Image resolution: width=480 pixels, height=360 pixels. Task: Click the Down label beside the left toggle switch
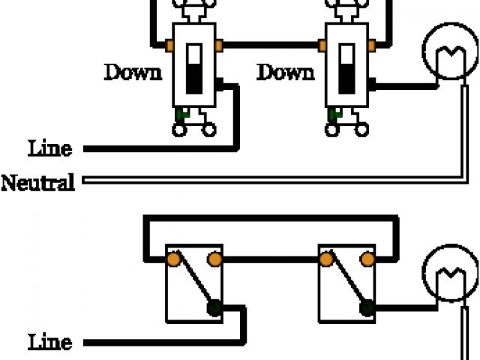(133, 73)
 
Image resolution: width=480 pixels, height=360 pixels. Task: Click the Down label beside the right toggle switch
(286, 73)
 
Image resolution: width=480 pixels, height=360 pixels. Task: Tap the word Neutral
(38, 182)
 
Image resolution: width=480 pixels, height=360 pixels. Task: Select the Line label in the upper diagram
(51, 148)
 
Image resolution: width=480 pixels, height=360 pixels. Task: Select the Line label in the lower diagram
(51, 343)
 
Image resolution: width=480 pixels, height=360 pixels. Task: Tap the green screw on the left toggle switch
(181, 114)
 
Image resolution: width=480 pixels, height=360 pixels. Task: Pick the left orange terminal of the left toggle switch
(171, 46)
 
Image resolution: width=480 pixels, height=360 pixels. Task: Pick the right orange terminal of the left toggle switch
(219, 46)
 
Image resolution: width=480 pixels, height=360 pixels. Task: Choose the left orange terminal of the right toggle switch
(323, 46)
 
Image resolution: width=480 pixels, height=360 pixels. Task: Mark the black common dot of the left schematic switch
(214, 306)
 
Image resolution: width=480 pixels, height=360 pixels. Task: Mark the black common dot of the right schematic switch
(367, 306)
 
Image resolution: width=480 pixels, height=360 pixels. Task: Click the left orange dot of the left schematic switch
(172, 260)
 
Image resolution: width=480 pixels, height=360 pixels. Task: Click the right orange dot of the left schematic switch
(214, 260)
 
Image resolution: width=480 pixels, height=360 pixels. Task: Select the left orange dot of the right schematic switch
(326, 260)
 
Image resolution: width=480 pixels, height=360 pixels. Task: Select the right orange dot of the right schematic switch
(367, 260)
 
